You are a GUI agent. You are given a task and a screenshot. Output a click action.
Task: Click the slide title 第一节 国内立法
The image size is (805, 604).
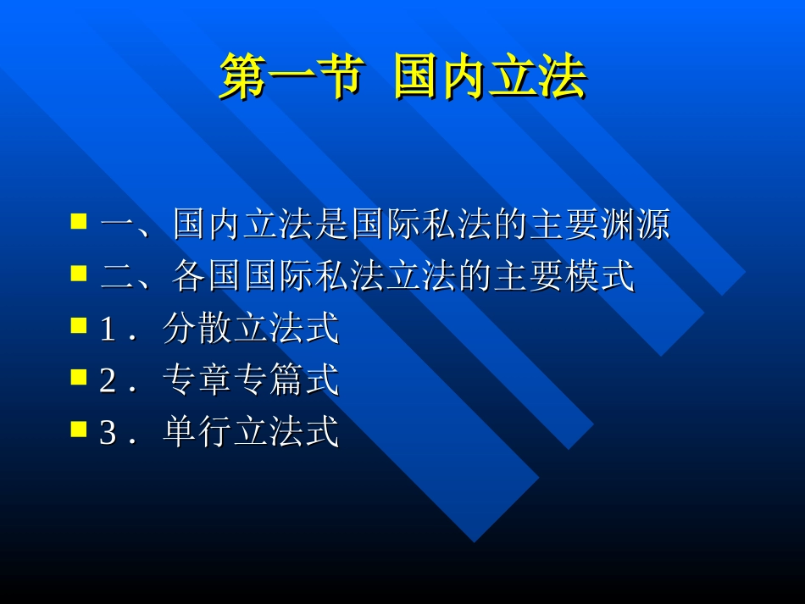[x=402, y=79]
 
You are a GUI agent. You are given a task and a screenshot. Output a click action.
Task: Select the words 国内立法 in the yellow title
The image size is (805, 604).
[x=490, y=79]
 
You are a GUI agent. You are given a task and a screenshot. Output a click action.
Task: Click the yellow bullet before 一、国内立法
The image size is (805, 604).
[x=79, y=222]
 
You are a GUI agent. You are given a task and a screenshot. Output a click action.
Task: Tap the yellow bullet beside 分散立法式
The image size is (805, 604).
[x=79, y=325]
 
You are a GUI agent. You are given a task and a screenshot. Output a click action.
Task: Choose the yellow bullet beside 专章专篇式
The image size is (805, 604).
[x=79, y=377]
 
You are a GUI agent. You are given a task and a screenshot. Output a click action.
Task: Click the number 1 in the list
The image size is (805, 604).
[x=108, y=330]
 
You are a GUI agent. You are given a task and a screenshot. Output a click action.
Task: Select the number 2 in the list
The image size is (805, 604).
[x=108, y=382]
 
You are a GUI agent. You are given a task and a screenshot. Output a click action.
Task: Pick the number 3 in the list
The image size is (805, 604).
[x=108, y=434]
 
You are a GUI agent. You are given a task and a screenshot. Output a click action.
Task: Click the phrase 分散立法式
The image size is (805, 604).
[x=251, y=330]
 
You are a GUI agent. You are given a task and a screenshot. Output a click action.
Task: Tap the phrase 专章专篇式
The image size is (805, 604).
[x=251, y=381]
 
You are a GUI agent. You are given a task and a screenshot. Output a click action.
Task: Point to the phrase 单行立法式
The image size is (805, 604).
[x=251, y=433]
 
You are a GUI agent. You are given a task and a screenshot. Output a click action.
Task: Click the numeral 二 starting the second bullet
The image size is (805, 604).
[x=114, y=278]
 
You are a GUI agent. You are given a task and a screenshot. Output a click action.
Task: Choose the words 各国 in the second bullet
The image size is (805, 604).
[x=208, y=277]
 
